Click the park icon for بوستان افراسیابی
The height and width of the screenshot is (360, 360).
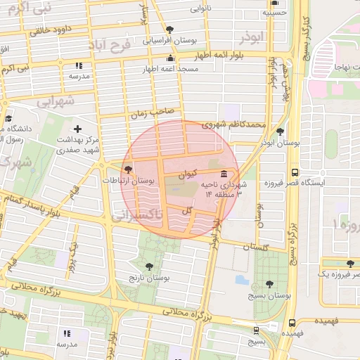click(169, 30)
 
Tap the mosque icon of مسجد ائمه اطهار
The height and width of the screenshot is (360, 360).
click(169, 58)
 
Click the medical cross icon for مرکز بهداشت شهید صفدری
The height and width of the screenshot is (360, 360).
click(77, 129)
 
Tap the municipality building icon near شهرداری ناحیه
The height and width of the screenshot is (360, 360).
click(224, 174)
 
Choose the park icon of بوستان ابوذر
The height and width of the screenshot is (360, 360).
click(281, 131)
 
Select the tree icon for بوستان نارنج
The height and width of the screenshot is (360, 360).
click(148, 266)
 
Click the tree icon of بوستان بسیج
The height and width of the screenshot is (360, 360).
click(270, 284)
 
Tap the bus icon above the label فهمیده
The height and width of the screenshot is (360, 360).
click(292, 323)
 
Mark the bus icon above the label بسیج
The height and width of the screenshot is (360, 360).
click(255, 329)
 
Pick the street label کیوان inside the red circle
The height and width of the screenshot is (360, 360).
click(194, 172)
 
